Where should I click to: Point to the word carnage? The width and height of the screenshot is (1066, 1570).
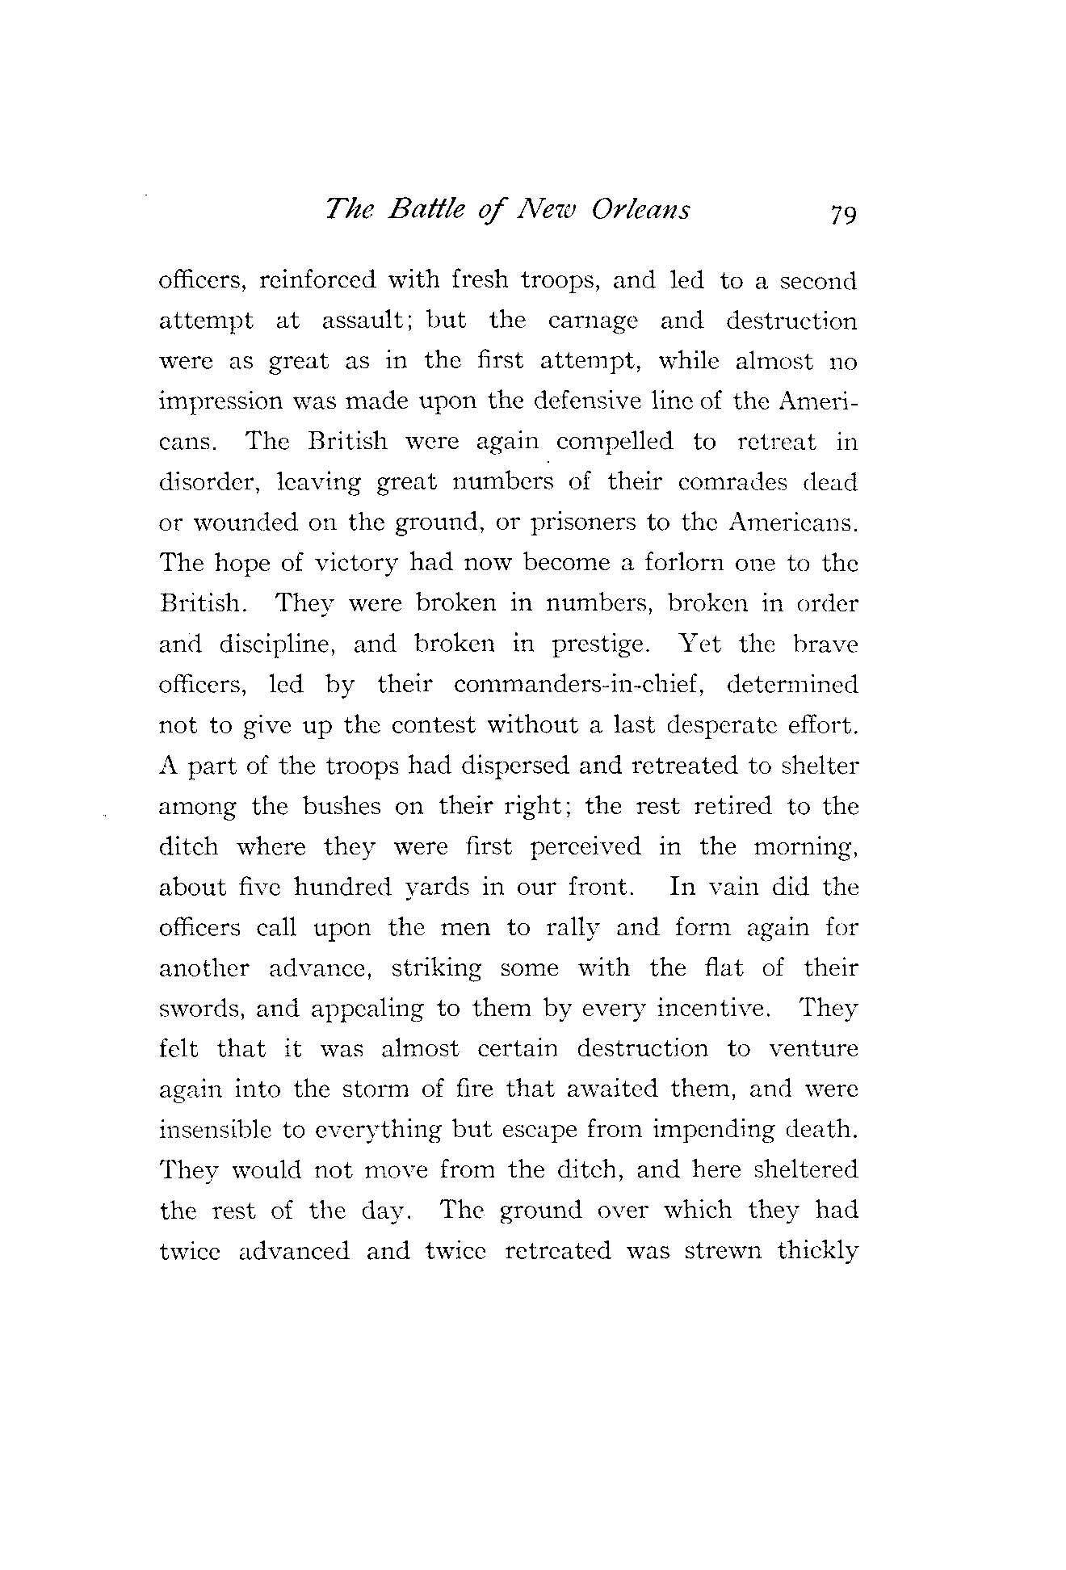click(x=593, y=321)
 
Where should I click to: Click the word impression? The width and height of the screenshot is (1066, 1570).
click(x=212, y=402)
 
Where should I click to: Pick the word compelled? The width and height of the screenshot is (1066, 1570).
click(x=614, y=443)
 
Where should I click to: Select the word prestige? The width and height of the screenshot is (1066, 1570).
click(x=599, y=645)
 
